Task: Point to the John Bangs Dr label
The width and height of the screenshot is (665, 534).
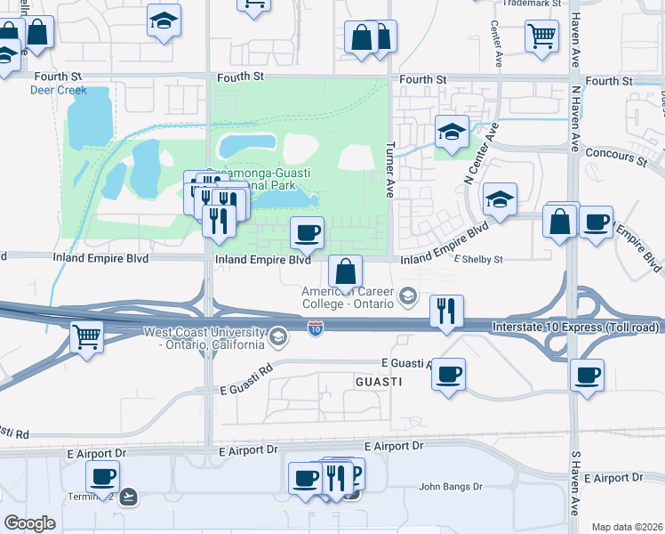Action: [x=450, y=487]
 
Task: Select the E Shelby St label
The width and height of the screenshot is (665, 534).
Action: [x=478, y=260]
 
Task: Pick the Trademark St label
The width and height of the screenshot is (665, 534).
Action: [x=531, y=3]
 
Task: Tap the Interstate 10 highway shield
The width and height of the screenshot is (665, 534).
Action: [x=316, y=329]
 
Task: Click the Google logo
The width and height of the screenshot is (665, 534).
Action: [x=29, y=523]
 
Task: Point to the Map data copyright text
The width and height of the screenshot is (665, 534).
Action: [x=628, y=527]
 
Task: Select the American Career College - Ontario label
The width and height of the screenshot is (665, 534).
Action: [x=347, y=297]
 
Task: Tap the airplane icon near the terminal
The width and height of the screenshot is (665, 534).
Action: [x=130, y=497]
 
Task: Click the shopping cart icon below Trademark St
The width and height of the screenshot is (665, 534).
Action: [x=541, y=37]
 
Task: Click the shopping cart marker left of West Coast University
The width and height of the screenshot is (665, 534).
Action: [x=87, y=336]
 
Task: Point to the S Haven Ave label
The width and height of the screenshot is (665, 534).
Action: [x=575, y=482]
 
